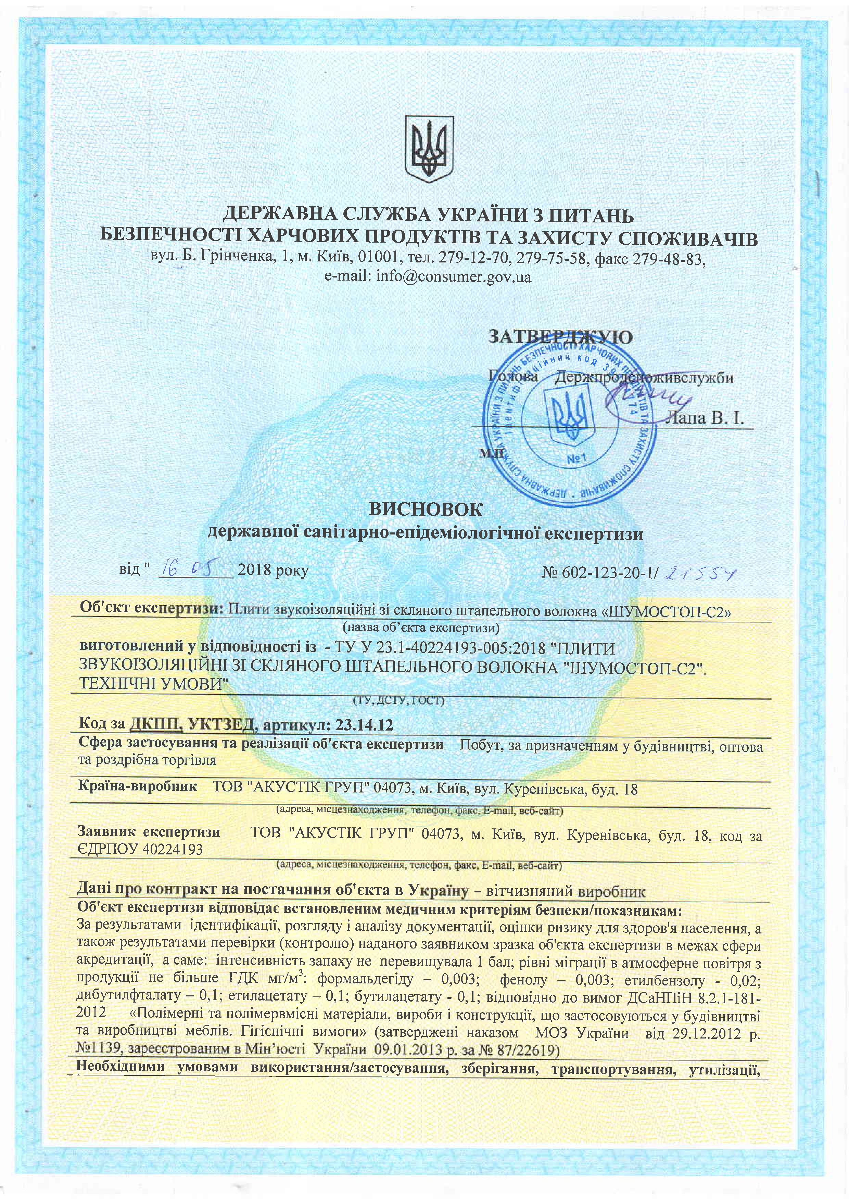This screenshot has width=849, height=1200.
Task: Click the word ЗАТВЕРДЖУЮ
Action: tap(560, 337)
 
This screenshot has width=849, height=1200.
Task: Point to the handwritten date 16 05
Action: tap(194, 567)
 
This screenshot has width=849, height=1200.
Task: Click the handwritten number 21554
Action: tap(700, 575)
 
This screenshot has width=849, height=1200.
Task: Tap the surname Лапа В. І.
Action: tap(704, 418)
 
